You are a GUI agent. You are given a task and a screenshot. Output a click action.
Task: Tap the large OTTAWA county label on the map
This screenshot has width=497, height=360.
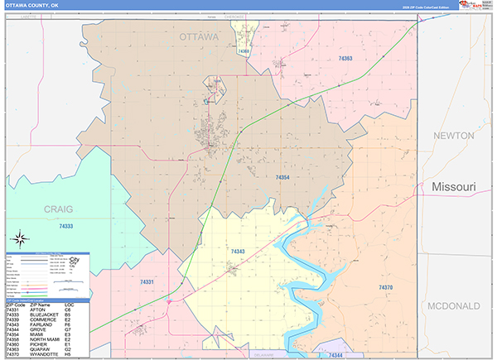click(200, 37)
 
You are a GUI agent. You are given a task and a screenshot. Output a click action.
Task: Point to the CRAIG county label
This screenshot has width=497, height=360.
click(59, 209)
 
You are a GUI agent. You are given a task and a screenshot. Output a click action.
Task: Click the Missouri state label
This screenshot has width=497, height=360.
click(454, 188)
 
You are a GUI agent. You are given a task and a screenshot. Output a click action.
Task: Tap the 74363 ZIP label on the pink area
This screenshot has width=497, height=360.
click(345, 59)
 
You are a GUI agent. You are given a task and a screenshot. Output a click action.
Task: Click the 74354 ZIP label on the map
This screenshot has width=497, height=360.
click(282, 177)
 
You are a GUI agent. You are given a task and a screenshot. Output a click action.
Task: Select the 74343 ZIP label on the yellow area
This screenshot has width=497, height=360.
click(238, 251)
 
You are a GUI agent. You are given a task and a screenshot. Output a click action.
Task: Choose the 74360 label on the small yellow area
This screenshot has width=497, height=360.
click(243, 51)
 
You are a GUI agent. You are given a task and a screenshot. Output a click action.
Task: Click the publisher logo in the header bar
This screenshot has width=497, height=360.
click(470, 6)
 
